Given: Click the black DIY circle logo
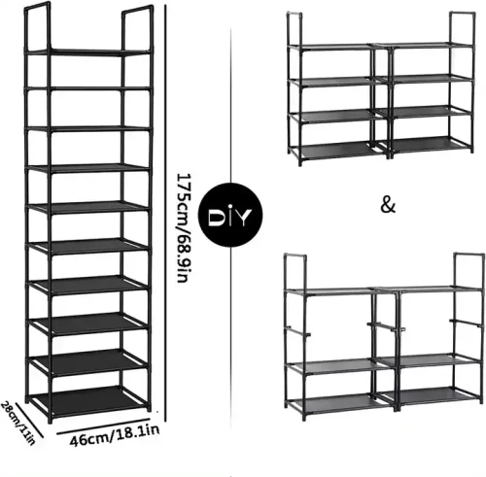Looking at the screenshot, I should pos(228,213).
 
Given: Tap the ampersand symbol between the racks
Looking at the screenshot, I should pos(387,206).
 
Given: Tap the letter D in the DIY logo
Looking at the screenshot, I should pos(216,213).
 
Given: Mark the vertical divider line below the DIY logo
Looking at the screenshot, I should pos(228,330).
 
